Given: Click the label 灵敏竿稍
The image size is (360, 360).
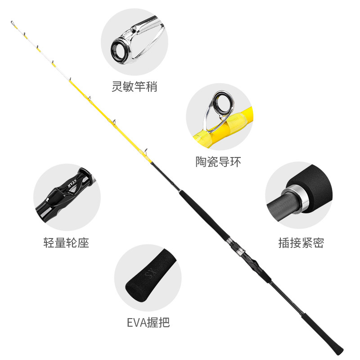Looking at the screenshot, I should [134, 86].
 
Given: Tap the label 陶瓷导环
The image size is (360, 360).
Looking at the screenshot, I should [218, 162].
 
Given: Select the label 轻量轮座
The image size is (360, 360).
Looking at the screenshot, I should [66, 243].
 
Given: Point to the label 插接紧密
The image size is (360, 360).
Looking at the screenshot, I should [301, 243].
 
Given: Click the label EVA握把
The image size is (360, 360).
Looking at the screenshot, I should [148, 322].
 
